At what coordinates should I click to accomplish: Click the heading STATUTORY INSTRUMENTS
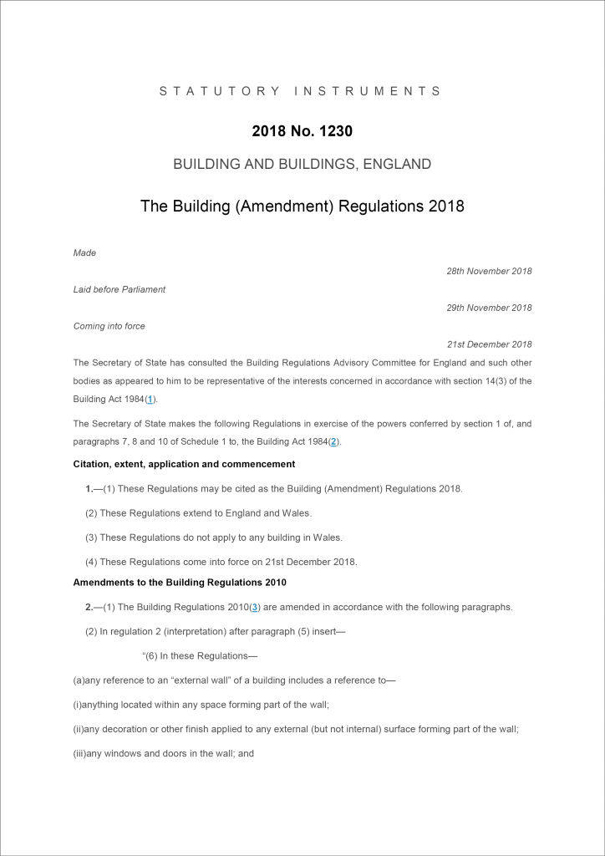[x=302, y=91]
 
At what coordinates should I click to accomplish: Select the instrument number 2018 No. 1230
[x=302, y=132]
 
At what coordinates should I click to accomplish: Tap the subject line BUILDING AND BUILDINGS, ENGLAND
[x=302, y=165]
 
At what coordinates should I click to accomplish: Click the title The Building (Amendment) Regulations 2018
[x=302, y=206]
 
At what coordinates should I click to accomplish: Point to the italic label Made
[x=84, y=252]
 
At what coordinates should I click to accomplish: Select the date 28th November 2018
[x=489, y=271]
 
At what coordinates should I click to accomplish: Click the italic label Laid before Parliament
[x=119, y=289]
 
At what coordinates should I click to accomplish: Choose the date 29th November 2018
[x=489, y=308]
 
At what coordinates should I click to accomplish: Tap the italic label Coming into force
[x=109, y=326]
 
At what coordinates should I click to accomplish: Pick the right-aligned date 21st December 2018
[x=490, y=344]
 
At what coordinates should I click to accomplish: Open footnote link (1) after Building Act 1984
[x=150, y=400]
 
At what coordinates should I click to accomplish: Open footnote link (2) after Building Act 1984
[x=333, y=442]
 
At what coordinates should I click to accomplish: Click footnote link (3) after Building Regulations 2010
[x=255, y=607]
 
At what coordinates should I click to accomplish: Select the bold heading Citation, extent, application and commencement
[x=184, y=464]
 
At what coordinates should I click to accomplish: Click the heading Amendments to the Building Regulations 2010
[x=180, y=583]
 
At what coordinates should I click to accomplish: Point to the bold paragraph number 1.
[x=89, y=488]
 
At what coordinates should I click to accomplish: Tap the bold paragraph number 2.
[x=89, y=607]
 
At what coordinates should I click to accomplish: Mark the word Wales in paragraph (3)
[x=326, y=538]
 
